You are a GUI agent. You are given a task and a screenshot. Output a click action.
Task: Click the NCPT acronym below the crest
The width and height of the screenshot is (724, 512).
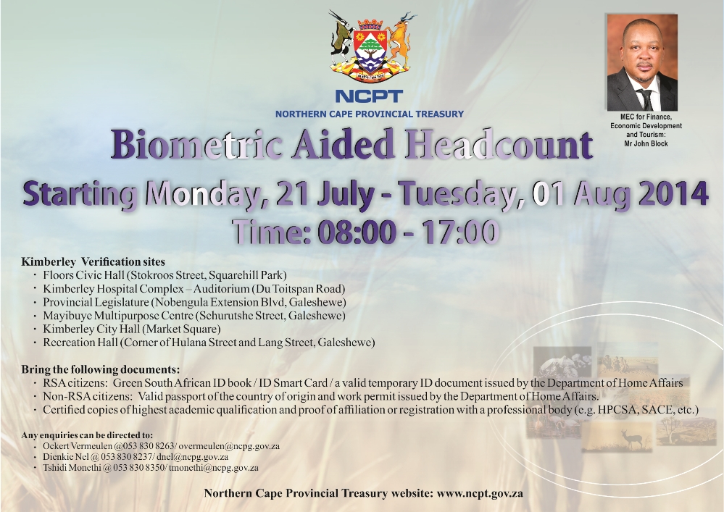[369, 96]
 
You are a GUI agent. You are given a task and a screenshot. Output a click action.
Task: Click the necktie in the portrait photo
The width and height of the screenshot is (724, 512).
[644, 98]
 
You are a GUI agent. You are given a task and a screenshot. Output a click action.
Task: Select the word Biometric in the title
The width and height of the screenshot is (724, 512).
[196, 144]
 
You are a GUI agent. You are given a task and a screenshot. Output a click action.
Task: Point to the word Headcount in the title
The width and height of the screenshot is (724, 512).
[499, 144]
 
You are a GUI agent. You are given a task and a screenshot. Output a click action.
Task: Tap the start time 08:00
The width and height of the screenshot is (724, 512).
[357, 232]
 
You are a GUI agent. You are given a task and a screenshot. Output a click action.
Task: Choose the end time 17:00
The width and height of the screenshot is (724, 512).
[460, 232]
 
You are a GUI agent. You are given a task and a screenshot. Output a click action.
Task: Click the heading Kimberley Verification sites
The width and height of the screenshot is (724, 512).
[93, 262]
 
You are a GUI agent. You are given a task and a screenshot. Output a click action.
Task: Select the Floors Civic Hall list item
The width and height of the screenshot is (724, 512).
[165, 275]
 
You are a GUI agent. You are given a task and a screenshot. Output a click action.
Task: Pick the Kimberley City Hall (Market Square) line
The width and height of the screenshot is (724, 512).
[132, 330]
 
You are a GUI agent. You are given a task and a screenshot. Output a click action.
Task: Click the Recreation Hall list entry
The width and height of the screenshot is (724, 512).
[209, 343]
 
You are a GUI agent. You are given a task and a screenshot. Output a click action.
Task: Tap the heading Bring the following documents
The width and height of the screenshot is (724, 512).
[100, 369]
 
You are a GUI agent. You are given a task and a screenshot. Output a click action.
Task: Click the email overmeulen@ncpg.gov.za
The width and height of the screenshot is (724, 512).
[229, 447]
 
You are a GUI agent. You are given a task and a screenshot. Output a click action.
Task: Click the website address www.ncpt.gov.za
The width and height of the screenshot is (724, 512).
[480, 494]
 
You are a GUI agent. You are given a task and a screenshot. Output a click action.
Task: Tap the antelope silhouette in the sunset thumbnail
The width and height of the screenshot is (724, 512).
[631, 439]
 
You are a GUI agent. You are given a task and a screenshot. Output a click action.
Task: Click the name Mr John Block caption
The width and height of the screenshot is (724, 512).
[646, 143]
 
